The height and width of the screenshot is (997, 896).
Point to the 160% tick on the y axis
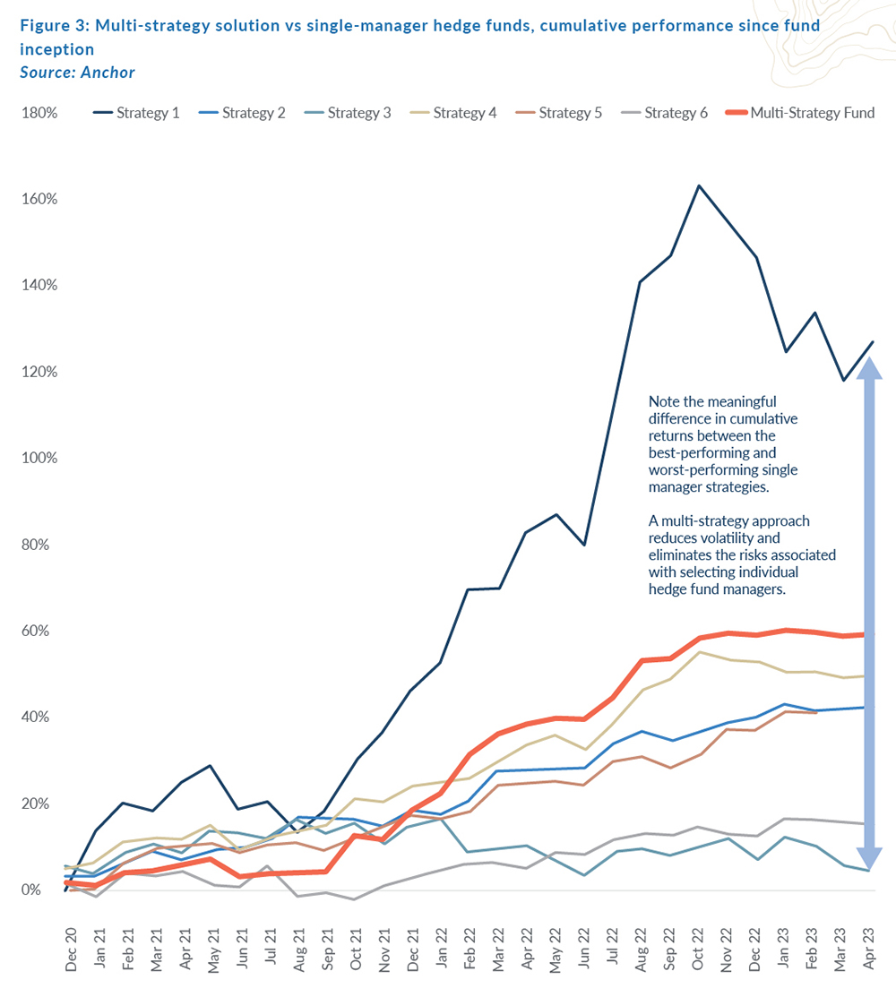pyautogui.click(x=39, y=199)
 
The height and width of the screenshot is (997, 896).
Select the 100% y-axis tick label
pyautogui.click(x=39, y=458)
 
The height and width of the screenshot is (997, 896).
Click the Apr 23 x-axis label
pyautogui.click(x=869, y=946)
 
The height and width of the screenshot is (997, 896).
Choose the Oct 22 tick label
pyautogui.click(x=698, y=946)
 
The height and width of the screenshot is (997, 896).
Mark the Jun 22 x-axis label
pyautogui.click(x=584, y=946)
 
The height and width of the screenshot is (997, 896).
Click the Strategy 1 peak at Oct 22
pyautogui.click(x=698, y=185)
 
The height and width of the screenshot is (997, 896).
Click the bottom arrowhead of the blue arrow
pyautogui.click(x=870, y=859)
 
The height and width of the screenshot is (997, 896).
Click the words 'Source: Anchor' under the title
pyautogui.click(x=77, y=72)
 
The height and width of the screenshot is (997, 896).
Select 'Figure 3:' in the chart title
pyautogui.click(x=52, y=25)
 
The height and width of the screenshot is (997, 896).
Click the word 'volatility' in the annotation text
pyautogui.click(x=753, y=537)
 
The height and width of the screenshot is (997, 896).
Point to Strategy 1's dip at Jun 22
pyautogui.click(x=584, y=545)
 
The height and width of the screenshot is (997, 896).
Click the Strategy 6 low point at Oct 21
pyautogui.click(x=356, y=899)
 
